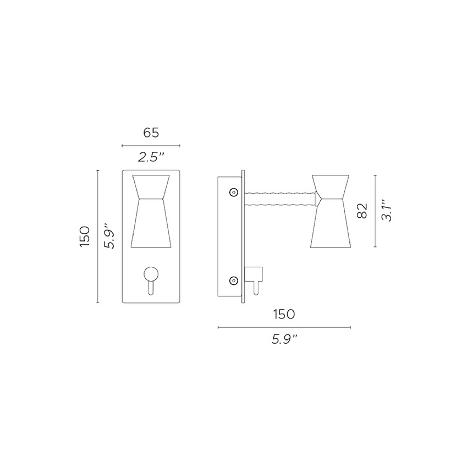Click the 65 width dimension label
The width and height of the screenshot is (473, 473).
pos(151,133)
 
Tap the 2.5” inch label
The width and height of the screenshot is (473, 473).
pos(151,157)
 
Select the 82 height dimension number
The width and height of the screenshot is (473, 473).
pos(362,211)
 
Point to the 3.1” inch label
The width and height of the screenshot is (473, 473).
pos(387,210)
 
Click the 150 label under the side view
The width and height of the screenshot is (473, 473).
pos(284,315)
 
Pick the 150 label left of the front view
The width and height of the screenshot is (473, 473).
pos(85,237)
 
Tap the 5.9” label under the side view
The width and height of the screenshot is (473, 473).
pos(284,339)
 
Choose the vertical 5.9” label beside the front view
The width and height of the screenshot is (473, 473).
pos(109,236)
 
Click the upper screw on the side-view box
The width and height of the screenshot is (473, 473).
pos(234,192)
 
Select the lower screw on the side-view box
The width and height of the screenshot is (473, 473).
pos(234,280)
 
